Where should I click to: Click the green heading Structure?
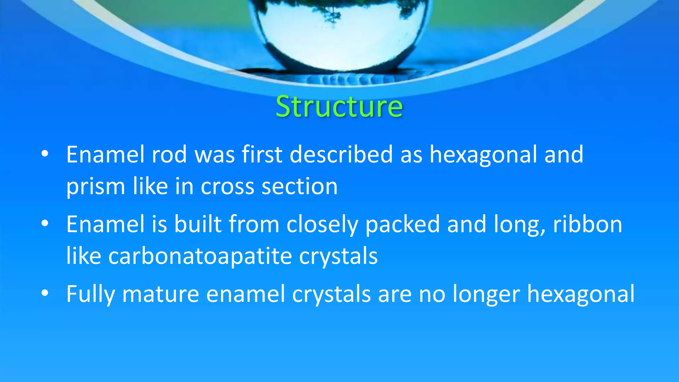point(339,106)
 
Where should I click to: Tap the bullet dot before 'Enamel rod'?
point(45,154)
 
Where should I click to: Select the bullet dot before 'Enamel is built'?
point(45,223)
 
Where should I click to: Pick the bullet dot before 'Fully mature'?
point(45,293)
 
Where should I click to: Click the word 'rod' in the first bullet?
point(169,155)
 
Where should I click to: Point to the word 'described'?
point(341,155)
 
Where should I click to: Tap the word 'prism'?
point(95,187)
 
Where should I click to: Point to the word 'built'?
point(198,224)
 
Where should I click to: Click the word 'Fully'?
point(91,294)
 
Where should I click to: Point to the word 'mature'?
point(160,294)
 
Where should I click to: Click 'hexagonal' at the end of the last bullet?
point(581,294)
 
